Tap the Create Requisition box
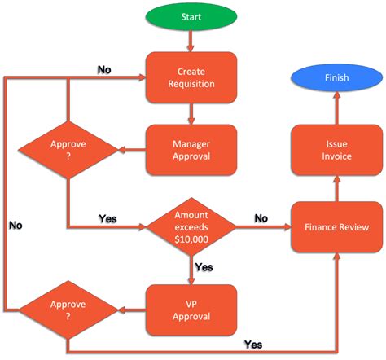point(191,77)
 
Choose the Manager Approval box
point(191,150)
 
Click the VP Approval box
point(191,310)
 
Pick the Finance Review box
point(337,227)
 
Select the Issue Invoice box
point(337,150)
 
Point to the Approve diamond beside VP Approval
point(68,310)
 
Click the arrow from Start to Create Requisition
point(191,42)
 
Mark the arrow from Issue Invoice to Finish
point(337,109)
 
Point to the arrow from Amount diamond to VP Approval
point(191,270)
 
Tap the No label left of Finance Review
point(261,218)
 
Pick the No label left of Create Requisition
point(104,69)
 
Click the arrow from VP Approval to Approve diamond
point(130,310)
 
